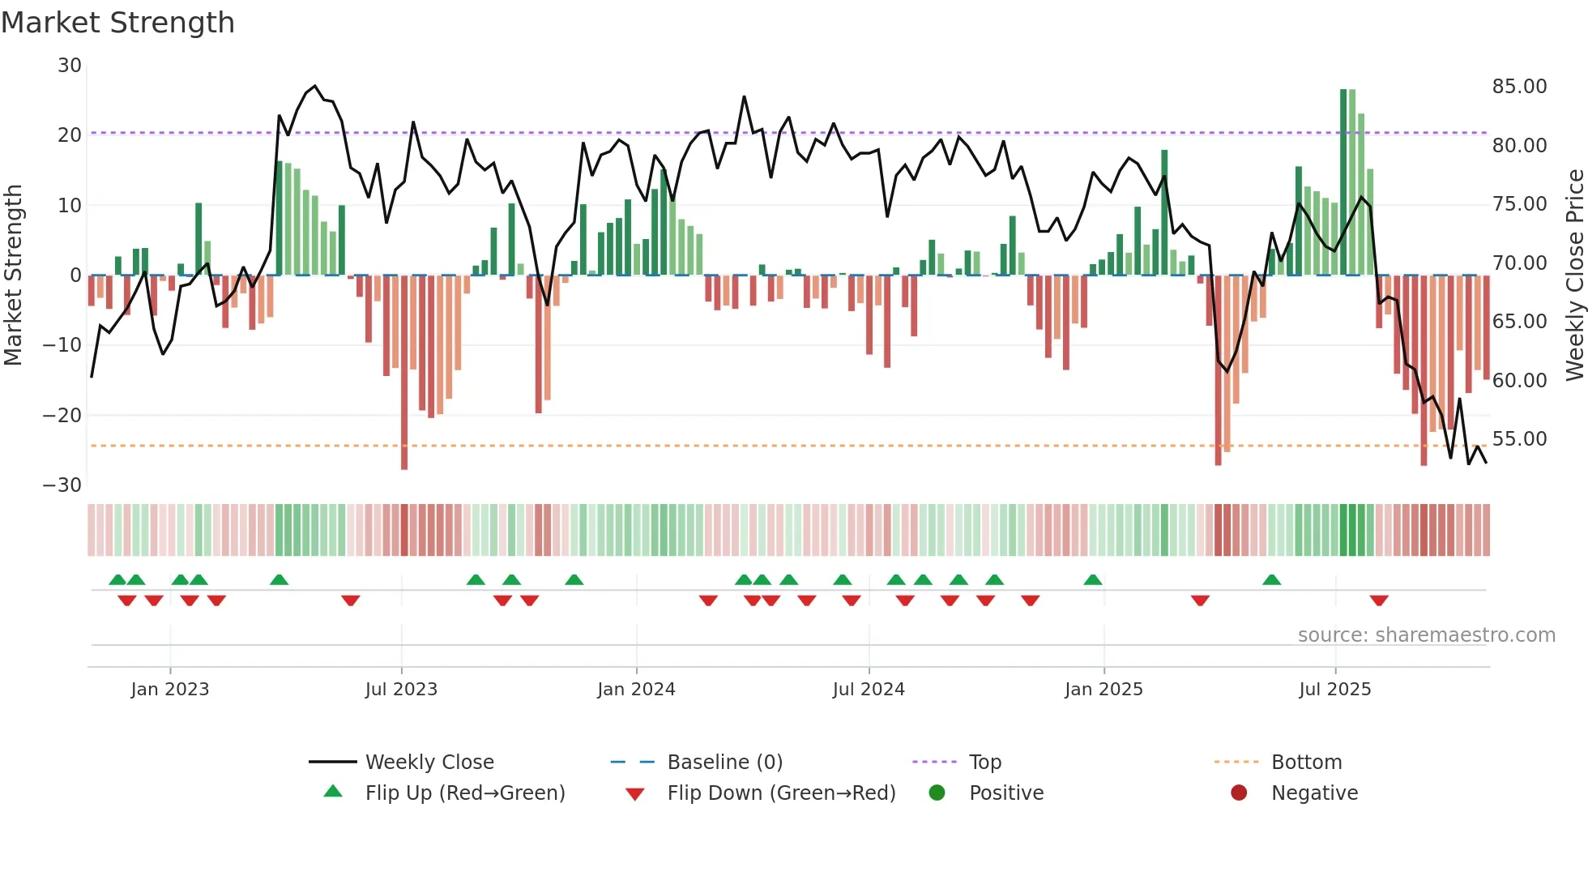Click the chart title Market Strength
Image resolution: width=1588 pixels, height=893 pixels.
117,23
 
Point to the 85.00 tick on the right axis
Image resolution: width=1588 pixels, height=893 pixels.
1519,87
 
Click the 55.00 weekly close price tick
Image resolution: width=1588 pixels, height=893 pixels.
1519,439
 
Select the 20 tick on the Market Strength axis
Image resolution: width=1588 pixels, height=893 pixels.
70,135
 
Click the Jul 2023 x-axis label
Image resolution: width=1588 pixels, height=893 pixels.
401,690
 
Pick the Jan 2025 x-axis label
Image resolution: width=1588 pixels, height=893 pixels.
1103,690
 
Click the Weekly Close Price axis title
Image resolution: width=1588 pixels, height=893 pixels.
1574,276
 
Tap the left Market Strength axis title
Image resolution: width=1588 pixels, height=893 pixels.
13,276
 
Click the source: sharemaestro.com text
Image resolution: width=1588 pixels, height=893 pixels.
1426,635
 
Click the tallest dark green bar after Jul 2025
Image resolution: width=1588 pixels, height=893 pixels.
1343,182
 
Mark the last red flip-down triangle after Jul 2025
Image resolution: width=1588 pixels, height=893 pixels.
1379,600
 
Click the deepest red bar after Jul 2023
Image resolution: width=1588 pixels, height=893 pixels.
404,373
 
